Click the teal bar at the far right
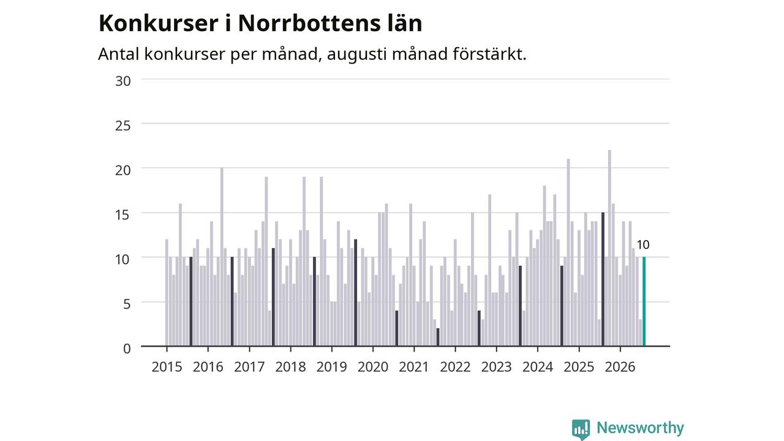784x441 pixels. [x=644, y=301]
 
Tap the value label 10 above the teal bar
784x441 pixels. [x=643, y=244]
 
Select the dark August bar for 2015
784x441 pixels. [x=190, y=301]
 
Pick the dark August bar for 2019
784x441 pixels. [x=356, y=293]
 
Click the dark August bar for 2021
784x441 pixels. [x=438, y=337]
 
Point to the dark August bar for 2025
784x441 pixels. [x=603, y=279]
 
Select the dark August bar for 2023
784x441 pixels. [x=520, y=306]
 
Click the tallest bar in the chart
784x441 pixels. [x=609, y=248]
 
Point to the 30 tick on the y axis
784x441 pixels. [x=123, y=81]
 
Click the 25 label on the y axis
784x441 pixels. [x=123, y=126]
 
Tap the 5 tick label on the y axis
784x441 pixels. [x=127, y=304]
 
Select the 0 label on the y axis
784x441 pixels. [x=127, y=349]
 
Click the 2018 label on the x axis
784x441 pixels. [x=290, y=367]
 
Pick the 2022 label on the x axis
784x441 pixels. [x=455, y=367]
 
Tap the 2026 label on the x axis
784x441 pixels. [x=620, y=367]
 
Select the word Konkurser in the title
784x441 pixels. [x=159, y=23]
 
